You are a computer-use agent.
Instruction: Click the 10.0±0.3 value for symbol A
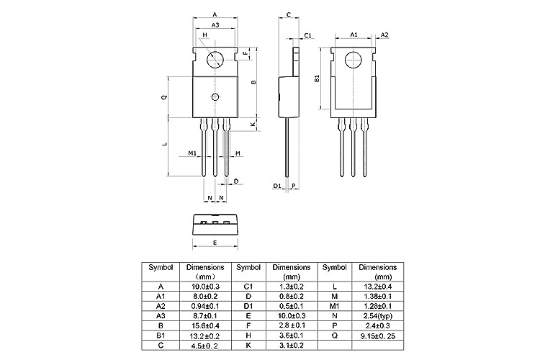click(202, 286)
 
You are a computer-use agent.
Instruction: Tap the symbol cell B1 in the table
click(161, 335)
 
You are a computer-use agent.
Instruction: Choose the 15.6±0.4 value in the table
click(202, 325)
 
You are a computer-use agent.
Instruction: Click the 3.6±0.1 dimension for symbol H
click(291, 335)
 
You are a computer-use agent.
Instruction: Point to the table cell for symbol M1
click(335, 305)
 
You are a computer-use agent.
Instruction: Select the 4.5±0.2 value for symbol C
click(202, 345)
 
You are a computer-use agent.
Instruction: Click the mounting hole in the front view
click(215, 60)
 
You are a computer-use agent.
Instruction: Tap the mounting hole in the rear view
click(353, 60)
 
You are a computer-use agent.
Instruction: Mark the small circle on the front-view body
click(215, 97)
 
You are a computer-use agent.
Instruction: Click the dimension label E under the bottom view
click(215, 243)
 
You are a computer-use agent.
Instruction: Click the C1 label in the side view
click(307, 35)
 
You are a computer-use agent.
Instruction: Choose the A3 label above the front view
click(215, 26)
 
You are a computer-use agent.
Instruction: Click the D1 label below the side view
click(276, 186)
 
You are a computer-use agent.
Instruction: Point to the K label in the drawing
click(253, 125)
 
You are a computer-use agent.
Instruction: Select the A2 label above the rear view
click(384, 35)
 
